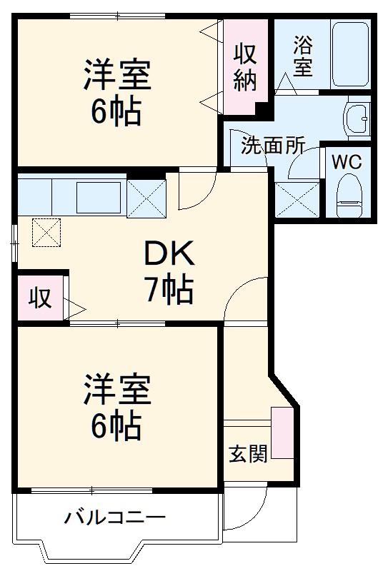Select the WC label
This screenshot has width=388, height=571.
pos(347,161)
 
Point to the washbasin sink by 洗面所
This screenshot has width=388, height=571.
pos(357,116)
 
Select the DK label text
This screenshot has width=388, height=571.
pos(169,253)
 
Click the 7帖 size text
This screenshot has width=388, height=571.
pos(169,288)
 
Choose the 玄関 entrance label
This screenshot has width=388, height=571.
pos(248,453)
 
